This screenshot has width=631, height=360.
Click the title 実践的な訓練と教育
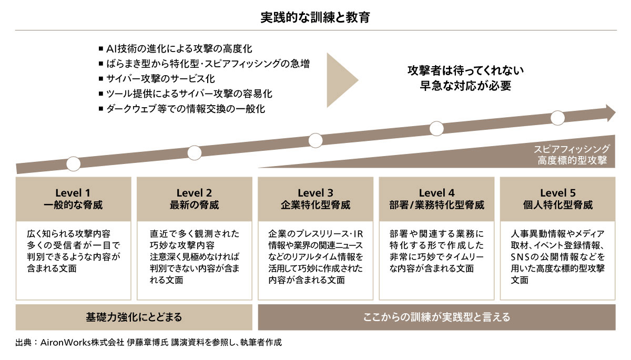point(315,17)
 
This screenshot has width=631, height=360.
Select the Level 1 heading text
point(73,193)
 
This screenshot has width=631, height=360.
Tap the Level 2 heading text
point(194,193)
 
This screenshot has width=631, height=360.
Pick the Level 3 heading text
point(315,193)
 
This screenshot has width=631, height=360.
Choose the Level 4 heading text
point(436,193)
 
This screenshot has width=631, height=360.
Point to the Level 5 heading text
point(558,193)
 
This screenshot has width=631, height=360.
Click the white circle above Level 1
point(73,164)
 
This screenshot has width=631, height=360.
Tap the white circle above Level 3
point(315,140)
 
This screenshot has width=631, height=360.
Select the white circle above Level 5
point(557,118)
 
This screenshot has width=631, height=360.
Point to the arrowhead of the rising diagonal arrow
point(610,113)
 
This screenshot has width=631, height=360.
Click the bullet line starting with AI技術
point(176,49)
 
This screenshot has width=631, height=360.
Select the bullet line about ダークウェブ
point(182,109)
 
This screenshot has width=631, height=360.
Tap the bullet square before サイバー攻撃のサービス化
point(101,79)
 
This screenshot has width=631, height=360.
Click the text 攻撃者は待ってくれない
point(465,70)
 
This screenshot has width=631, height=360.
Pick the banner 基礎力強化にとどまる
point(134,317)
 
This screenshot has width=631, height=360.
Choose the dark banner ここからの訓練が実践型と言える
point(436,317)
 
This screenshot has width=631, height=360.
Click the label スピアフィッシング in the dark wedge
point(572,149)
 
